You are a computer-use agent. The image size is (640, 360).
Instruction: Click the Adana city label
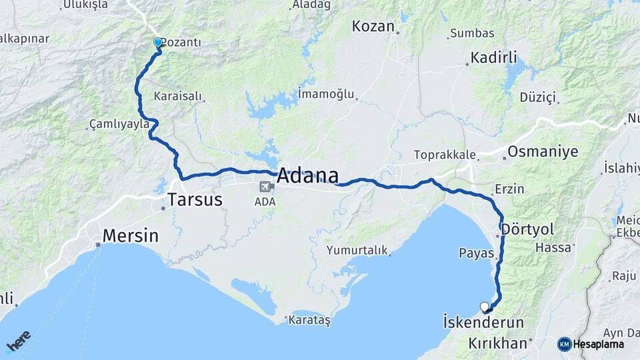tap(307, 175)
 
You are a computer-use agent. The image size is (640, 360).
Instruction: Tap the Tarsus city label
tap(195, 199)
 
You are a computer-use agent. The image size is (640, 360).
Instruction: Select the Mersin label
tap(131, 235)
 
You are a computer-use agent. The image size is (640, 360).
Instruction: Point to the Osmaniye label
tap(543, 151)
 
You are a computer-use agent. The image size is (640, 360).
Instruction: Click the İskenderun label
tap(483, 322)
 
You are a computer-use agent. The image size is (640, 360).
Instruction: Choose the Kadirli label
tap(493, 57)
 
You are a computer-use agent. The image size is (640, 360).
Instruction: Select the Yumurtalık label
tap(357, 250)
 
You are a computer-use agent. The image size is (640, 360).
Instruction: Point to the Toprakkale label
tap(445, 155)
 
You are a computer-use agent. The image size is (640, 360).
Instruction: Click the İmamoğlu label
tap(326, 93)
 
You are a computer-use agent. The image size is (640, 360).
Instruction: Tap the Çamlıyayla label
tap(117, 125)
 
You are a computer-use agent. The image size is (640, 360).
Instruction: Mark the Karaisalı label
tap(177, 96)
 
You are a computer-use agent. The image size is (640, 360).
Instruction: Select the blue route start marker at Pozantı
tap(158, 43)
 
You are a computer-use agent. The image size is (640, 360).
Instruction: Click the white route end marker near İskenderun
tap(485, 307)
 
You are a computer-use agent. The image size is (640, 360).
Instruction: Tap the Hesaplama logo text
tap(597, 344)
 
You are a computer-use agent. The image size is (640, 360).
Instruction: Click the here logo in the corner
tap(19, 341)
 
